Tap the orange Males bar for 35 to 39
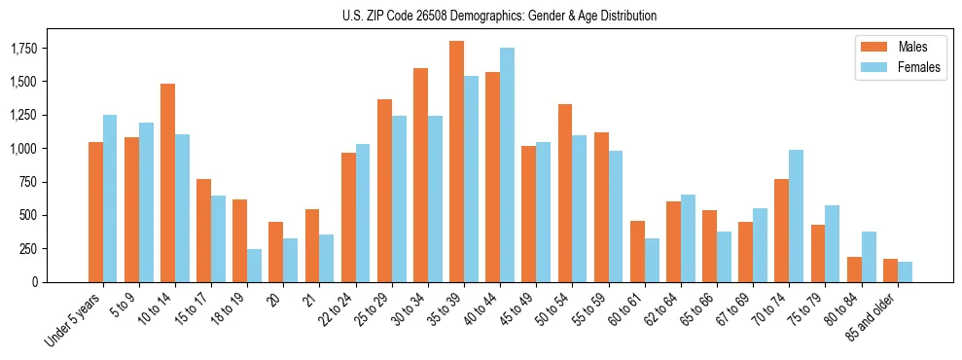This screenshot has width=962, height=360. [456, 162]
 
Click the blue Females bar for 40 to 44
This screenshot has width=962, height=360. [507, 164]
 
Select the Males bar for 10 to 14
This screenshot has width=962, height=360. [167, 183]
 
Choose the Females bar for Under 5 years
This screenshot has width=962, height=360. [110, 198]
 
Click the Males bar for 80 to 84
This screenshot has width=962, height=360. [853, 270]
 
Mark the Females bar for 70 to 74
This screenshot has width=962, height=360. [796, 216]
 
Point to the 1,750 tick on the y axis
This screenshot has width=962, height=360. [38, 48]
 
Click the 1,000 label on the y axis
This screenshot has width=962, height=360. [38, 148]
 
